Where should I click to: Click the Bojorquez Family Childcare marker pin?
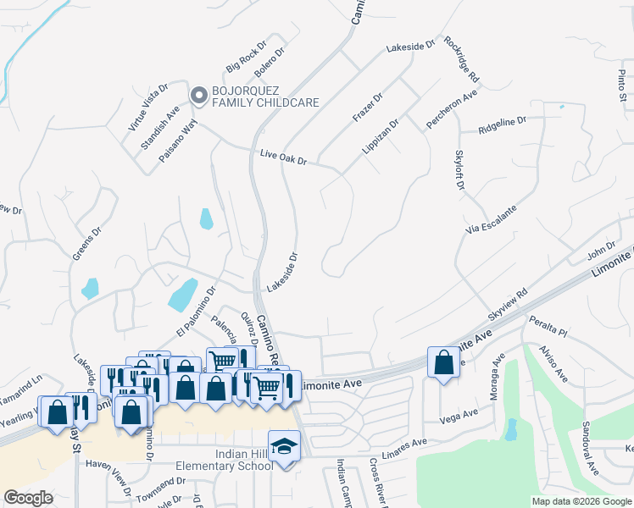[199, 95]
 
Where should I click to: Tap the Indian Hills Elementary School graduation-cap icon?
[285, 444]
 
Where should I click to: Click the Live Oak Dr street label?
[283, 158]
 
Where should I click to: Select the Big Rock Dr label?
[246, 55]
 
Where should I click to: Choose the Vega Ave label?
[459, 415]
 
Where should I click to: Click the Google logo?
[29, 498]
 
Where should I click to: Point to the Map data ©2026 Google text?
[581, 501]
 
